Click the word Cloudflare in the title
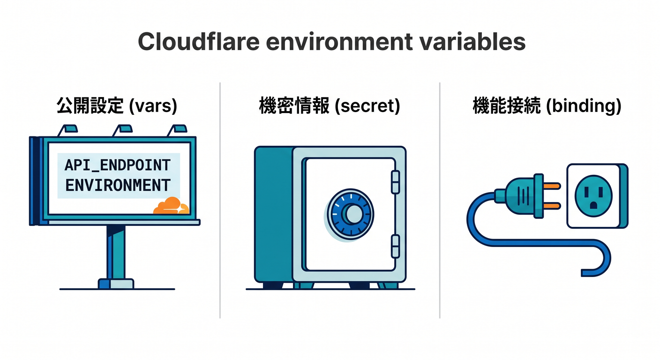199,42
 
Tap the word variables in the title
472,42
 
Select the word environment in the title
339,42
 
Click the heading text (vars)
153,106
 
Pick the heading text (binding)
584,106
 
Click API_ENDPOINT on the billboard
118,165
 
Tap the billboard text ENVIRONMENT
118,185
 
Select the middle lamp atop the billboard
122,130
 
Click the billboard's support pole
116,252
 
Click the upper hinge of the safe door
396,182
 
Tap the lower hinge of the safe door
396,246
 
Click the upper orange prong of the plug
552,186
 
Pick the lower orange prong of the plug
552,206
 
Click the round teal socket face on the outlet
593,196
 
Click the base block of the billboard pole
116,284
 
